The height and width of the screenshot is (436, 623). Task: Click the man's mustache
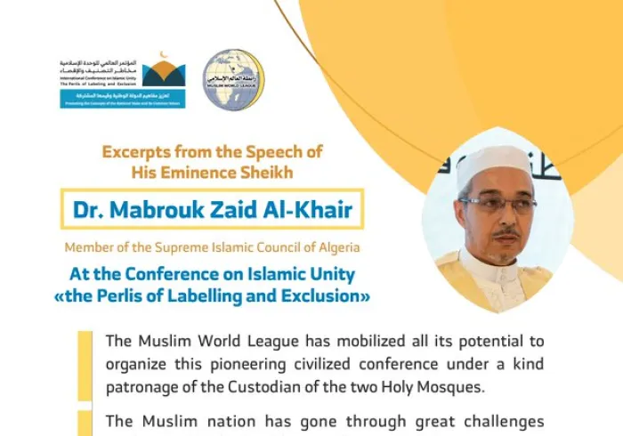point(504,233)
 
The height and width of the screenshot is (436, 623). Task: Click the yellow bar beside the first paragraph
point(85,365)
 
